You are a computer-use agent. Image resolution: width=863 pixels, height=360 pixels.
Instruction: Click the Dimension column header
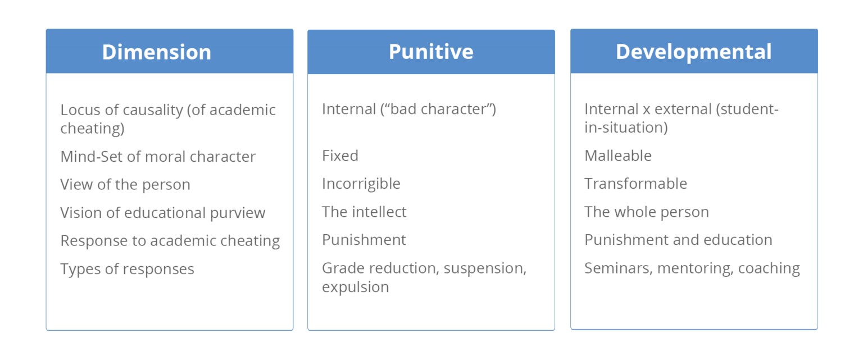(x=157, y=52)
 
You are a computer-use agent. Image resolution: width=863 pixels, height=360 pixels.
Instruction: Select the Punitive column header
(x=431, y=52)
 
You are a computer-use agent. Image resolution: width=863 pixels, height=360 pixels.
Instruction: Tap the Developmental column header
(x=694, y=52)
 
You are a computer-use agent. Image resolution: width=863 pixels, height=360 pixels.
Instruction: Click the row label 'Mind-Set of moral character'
(x=158, y=157)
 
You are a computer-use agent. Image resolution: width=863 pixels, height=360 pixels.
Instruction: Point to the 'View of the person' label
(x=125, y=185)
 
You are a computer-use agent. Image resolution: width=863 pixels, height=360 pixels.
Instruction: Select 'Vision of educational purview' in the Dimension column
(x=163, y=213)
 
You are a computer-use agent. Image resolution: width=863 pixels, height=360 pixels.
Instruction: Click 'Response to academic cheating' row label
(x=170, y=241)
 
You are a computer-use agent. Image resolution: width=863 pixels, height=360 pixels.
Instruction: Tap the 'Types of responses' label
(x=127, y=269)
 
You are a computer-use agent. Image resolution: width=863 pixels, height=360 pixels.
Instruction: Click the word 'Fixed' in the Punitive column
(x=340, y=156)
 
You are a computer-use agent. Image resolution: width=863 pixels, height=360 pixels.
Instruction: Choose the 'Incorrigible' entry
(x=361, y=184)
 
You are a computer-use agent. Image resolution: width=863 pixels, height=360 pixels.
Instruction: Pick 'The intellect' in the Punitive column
(x=364, y=212)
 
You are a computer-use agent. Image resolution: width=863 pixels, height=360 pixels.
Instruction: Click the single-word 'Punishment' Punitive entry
(x=364, y=240)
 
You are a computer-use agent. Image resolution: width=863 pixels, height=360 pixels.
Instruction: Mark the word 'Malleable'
(x=618, y=156)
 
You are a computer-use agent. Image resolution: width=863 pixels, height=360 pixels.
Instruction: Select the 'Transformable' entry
(x=635, y=184)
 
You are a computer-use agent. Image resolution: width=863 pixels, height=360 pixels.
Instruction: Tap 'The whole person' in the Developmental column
(x=646, y=212)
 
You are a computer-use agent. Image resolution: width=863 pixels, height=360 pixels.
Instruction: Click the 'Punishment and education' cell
(x=678, y=240)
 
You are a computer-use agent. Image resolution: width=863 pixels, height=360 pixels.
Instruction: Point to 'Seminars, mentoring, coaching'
(x=692, y=268)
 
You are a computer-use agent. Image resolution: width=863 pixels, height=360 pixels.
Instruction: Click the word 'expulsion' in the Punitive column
(x=355, y=287)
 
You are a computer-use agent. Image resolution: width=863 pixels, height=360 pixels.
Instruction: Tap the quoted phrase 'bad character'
(x=437, y=109)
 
